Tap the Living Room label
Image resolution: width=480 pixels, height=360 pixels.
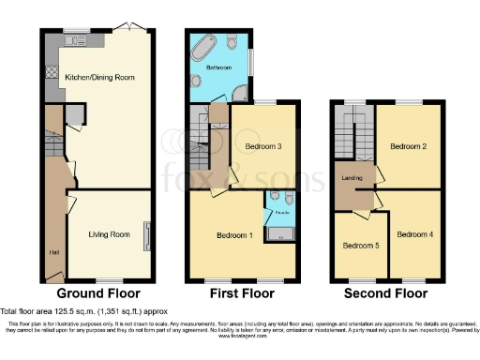[x=109, y=234]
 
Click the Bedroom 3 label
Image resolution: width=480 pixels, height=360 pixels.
[x=264, y=147]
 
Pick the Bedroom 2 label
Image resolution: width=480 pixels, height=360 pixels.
[x=409, y=147]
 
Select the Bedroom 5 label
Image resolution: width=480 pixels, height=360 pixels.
[x=360, y=247]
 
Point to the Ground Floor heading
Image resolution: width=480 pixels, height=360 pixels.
[x=97, y=293]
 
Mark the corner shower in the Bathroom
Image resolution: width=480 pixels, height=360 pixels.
[x=241, y=92]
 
